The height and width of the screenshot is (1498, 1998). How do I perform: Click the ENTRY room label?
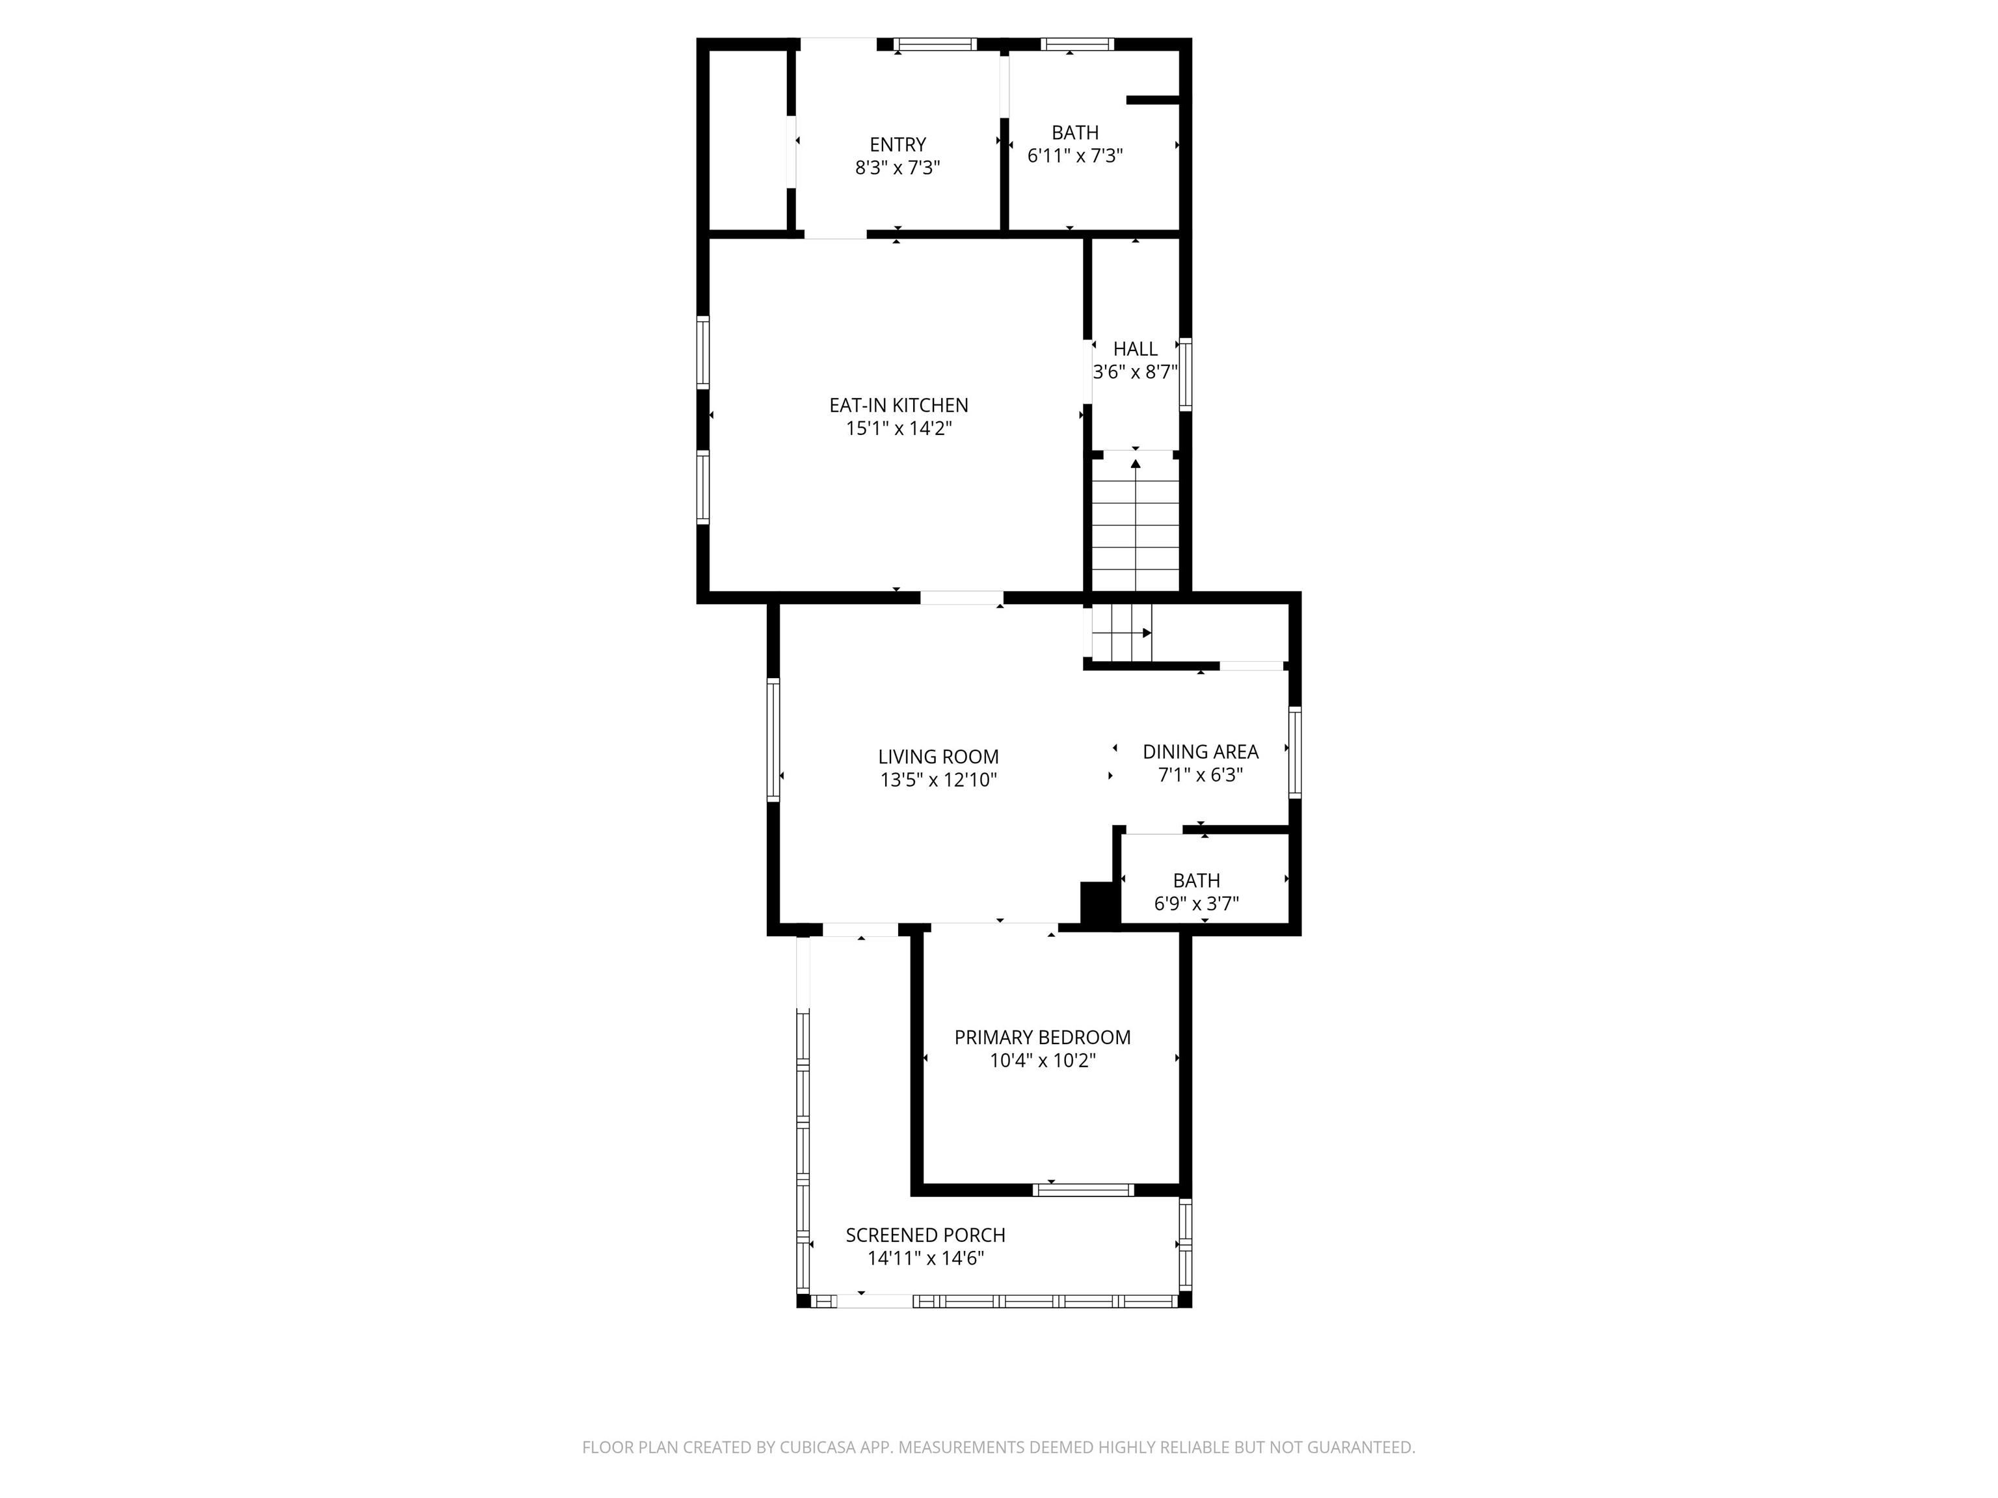(898, 144)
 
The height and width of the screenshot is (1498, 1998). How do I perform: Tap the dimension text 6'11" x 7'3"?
(1075, 156)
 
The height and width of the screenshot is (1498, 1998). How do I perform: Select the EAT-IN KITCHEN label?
(899, 406)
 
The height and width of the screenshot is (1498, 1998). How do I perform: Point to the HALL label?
(1136, 348)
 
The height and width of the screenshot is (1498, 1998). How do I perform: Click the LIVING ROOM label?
(939, 757)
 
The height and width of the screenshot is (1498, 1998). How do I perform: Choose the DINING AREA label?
(1201, 751)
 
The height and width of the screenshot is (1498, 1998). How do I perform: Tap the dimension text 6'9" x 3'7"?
(1197, 904)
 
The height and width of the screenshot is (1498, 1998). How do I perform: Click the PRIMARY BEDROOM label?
(1043, 1038)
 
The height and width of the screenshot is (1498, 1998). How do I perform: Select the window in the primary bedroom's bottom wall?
(1083, 1190)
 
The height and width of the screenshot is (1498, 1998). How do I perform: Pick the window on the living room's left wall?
(773, 739)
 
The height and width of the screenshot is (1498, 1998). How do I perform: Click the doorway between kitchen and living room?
(962, 598)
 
